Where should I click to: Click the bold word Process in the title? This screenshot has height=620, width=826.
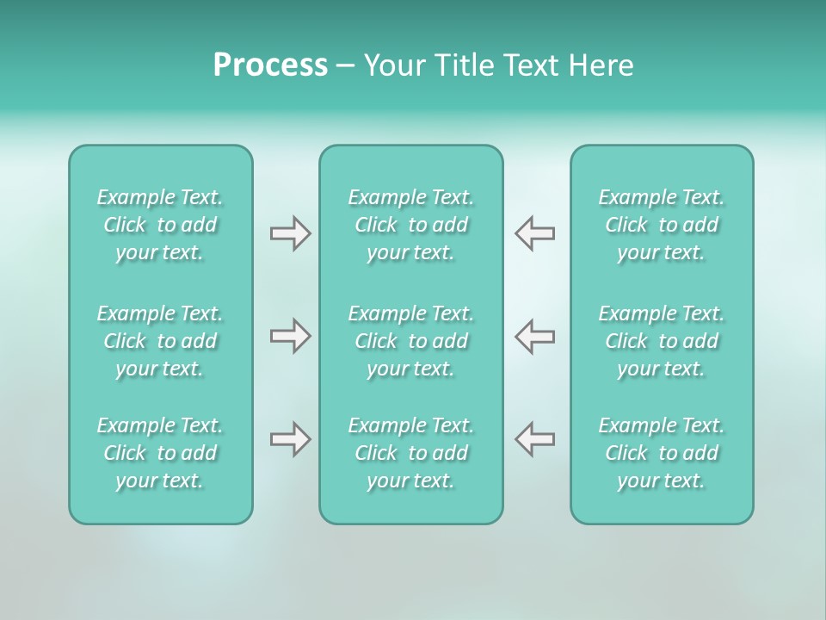[x=270, y=65]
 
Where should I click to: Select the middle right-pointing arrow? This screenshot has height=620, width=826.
[x=290, y=336]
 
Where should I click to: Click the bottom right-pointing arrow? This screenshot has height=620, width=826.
[x=290, y=439]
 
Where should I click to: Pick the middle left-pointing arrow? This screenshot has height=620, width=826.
[x=535, y=336]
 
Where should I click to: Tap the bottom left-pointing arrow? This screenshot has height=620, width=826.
[x=535, y=439]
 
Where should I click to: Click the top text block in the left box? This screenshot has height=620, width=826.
[x=160, y=225]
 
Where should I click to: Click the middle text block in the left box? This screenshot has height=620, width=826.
[x=160, y=341]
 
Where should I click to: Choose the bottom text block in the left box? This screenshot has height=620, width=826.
[x=160, y=453]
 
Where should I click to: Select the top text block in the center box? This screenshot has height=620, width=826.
[x=411, y=225]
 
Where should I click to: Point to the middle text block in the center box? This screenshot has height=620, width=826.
[x=411, y=341]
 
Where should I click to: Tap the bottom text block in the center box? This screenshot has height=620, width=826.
[x=411, y=453]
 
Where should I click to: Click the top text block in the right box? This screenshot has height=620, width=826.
[x=662, y=225]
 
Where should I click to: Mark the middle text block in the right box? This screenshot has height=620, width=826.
[x=662, y=341]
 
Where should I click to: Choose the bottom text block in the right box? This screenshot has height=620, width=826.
[x=662, y=453]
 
